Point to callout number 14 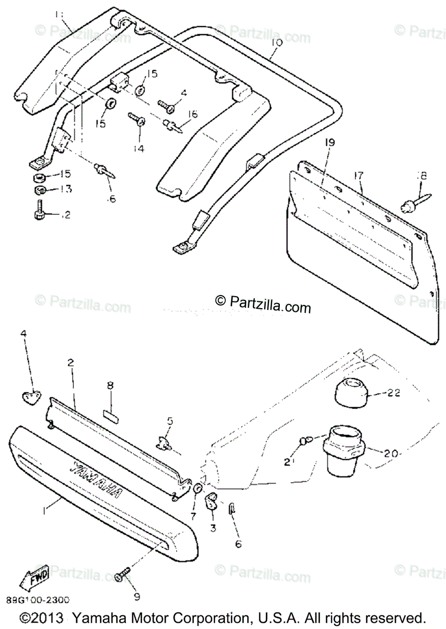(x=138, y=149)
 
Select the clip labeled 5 (x=165, y=442)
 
